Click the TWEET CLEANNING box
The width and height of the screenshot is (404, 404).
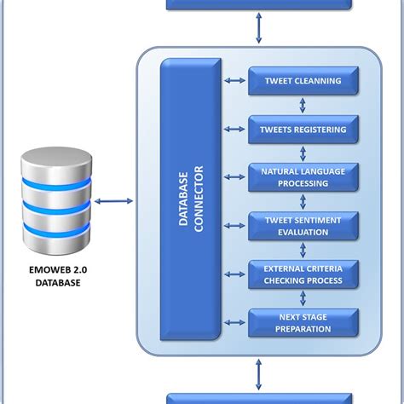[x=303, y=81]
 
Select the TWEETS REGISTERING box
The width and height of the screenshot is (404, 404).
[x=303, y=130]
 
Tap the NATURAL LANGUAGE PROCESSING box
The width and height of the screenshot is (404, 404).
[x=303, y=177]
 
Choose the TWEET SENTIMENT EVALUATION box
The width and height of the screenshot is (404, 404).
[x=303, y=226]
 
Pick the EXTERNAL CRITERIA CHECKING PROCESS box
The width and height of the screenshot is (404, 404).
[x=303, y=274]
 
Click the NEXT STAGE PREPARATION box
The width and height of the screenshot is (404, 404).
[x=303, y=322]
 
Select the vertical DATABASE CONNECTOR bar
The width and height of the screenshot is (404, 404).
[x=189, y=201]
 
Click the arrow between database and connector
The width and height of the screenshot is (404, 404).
[x=113, y=202]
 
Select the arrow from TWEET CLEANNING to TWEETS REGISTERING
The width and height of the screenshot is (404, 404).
[x=303, y=106]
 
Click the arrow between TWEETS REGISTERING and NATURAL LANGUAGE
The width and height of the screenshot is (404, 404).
[x=303, y=153]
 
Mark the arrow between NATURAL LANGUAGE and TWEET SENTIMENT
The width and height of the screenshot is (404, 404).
[x=303, y=202]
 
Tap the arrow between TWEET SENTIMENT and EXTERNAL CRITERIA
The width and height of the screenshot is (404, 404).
[x=303, y=250]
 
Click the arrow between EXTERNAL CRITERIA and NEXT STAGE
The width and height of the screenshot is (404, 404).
[x=303, y=298]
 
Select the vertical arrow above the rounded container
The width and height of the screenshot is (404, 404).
[x=258, y=29]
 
